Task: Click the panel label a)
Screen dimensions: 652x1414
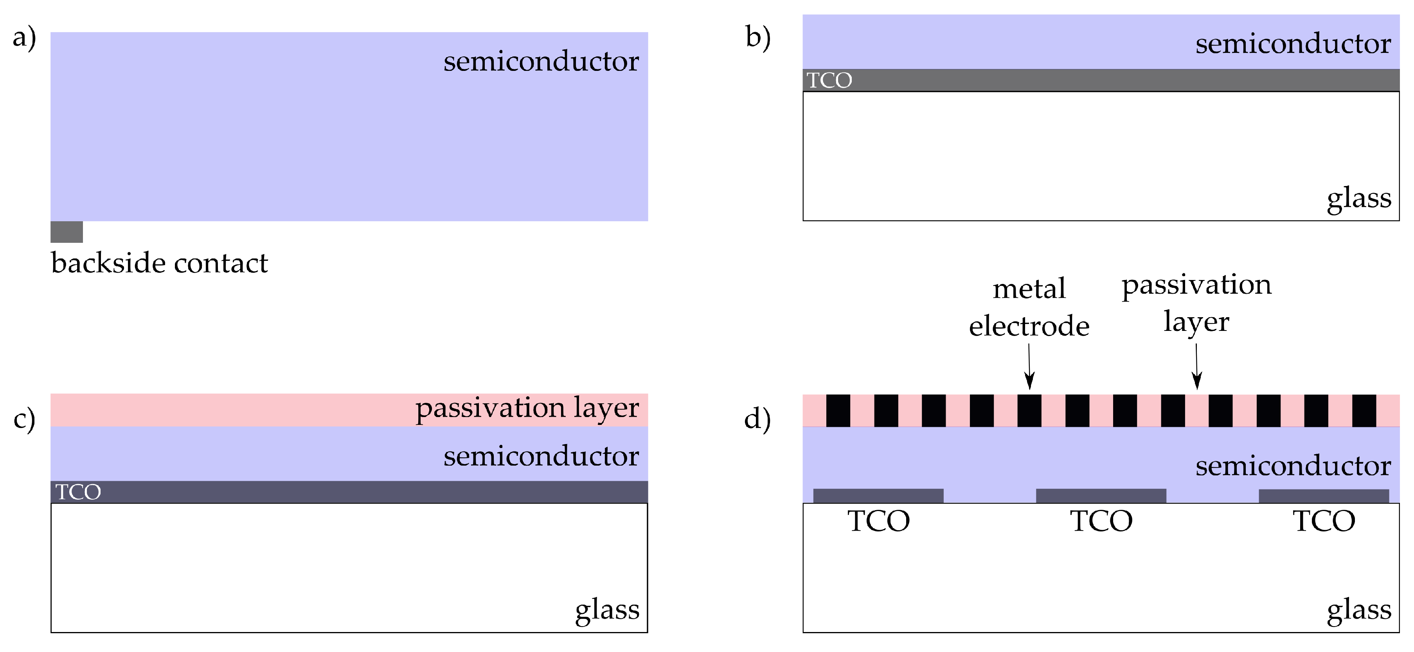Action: [x=24, y=38]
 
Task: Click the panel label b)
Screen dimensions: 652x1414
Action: [x=758, y=37]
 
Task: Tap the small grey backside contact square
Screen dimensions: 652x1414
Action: [x=67, y=232]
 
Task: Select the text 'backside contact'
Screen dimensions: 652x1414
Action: [x=159, y=263]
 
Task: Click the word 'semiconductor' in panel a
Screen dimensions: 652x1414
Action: [x=541, y=61]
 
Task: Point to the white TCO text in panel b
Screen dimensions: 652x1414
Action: [x=829, y=81]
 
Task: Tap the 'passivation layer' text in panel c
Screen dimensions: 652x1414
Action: [x=527, y=408]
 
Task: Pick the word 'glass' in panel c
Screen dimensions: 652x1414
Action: [x=607, y=610]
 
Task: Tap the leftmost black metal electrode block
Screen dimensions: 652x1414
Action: [x=838, y=410]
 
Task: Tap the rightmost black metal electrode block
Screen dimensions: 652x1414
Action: [x=1364, y=410]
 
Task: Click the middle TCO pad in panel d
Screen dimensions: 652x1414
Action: [x=1101, y=495]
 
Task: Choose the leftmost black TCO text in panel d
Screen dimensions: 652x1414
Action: [x=878, y=521]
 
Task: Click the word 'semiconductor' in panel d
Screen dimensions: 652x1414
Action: [x=1293, y=466]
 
